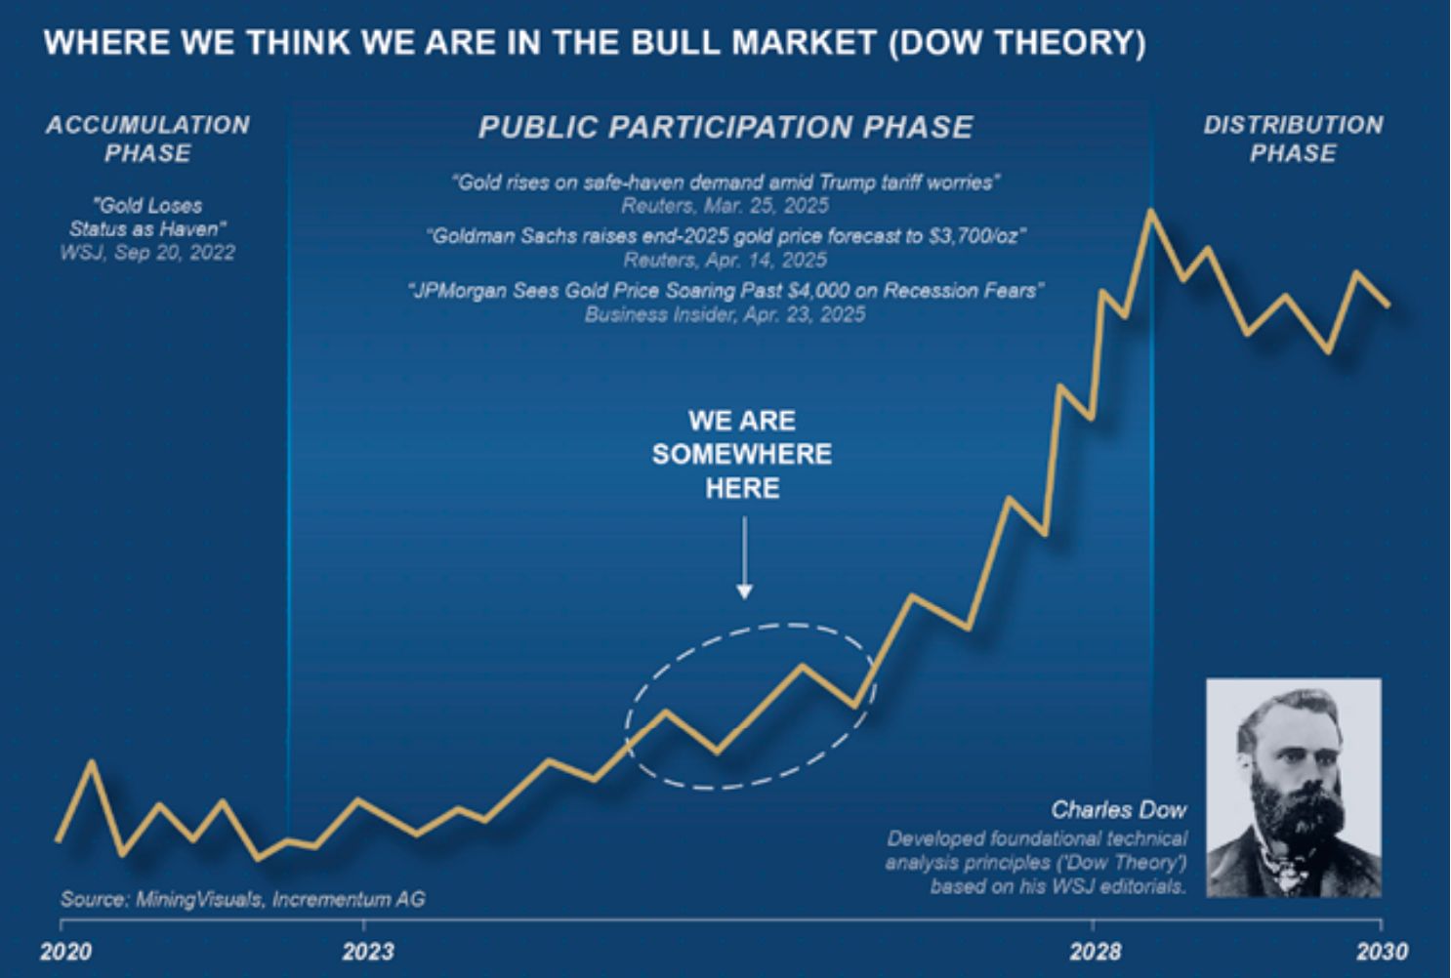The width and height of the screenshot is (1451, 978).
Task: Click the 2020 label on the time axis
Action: (65, 951)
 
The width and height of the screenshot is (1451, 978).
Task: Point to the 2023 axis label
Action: (368, 951)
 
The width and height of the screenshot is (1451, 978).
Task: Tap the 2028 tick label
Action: (1095, 951)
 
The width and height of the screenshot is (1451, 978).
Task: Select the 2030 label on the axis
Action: (1381, 951)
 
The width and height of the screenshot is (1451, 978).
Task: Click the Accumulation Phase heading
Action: (147, 139)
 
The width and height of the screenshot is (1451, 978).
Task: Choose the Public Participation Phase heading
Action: (725, 127)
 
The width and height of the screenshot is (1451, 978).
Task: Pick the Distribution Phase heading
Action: (1293, 139)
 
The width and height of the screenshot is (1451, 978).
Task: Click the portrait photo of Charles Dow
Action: (1294, 788)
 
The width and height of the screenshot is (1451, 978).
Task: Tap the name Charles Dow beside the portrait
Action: (1118, 809)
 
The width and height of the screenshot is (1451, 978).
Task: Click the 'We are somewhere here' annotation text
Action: (742, 454)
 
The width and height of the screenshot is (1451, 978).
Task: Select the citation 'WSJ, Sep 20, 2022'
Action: (147, 253)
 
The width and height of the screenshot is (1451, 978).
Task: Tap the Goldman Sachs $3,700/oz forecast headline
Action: (725, 236)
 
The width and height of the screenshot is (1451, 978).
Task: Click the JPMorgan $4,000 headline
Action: (725, 291)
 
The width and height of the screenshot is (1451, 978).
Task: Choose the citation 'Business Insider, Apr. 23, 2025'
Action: (725, 314)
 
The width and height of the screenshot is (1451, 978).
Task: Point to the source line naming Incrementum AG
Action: (242, 899)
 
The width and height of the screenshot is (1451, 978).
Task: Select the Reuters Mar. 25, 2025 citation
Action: (725, 206)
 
